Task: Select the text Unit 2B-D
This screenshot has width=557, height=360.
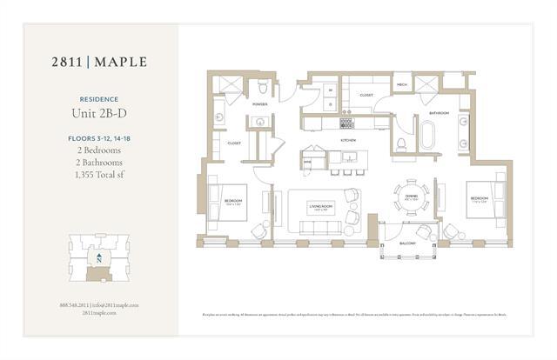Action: (100, 113)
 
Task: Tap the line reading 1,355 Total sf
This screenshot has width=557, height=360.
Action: (100, 175)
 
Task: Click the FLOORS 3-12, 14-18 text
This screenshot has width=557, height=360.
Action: (100, 137)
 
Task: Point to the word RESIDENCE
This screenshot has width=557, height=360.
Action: (100, 99)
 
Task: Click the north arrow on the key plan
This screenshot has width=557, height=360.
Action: (100, 258)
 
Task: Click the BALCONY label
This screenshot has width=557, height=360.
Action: (408, 244)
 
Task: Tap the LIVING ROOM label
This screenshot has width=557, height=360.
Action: (321, 207)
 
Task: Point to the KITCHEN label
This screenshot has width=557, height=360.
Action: (348, 139)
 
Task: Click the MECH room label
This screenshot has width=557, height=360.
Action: (401, 85)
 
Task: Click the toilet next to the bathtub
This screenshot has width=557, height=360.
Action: (401, 144)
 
